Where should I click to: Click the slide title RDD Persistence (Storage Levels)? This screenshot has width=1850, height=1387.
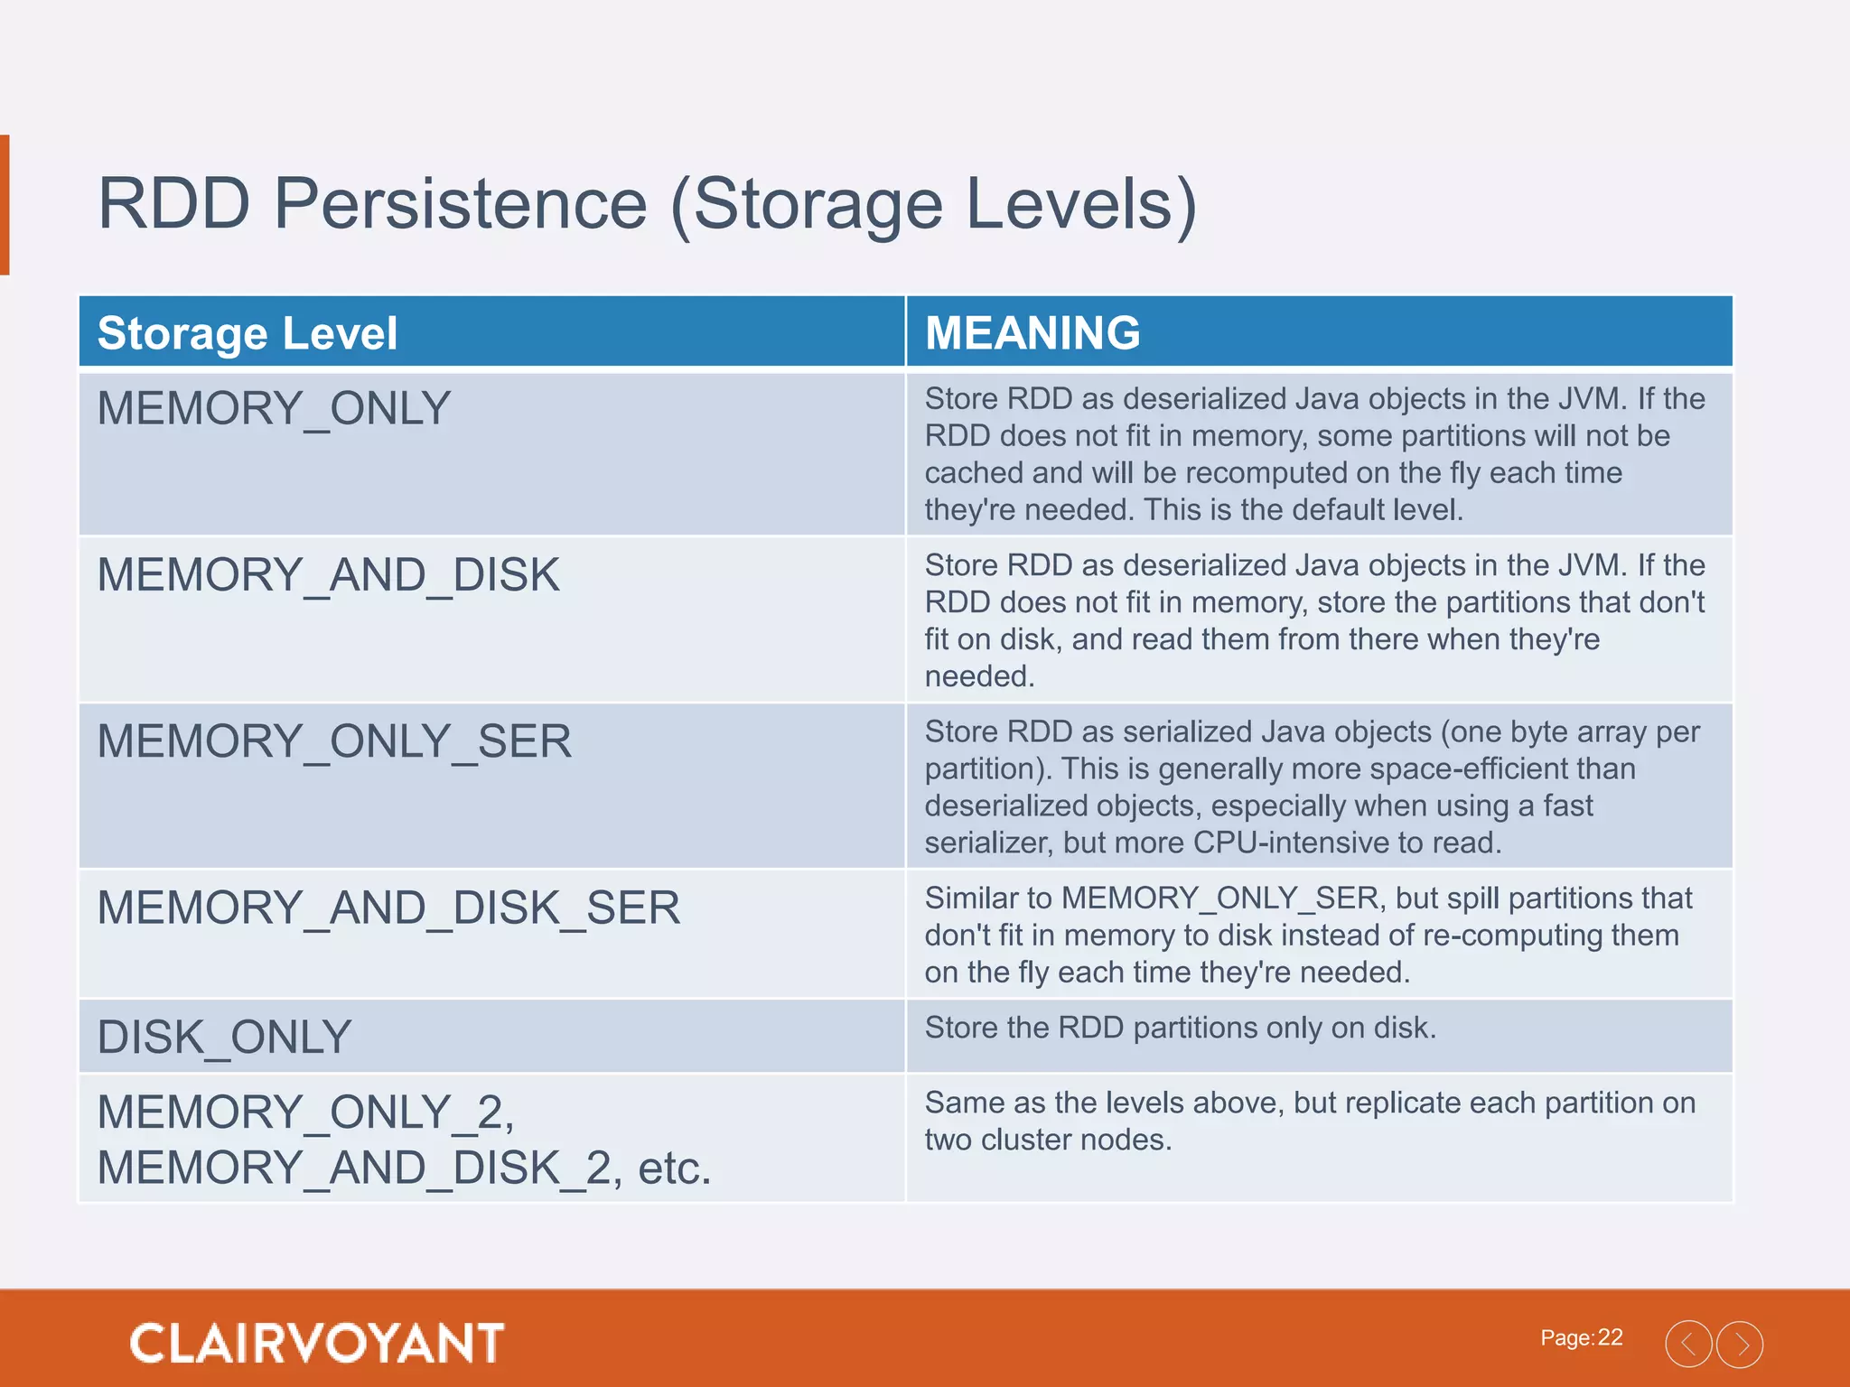647,204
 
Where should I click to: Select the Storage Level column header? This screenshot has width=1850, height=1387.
247,333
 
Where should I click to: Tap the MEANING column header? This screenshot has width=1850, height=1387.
1032,333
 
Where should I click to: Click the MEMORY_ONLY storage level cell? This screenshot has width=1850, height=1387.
274,408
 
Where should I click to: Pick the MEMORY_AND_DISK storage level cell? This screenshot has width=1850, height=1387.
328,575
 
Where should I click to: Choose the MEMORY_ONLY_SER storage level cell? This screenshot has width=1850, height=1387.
334,741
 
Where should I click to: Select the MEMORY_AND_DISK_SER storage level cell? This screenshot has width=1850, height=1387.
388,908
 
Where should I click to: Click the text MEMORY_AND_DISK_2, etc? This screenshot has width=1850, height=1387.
404,1168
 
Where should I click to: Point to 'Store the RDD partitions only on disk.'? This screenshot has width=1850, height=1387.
1180,1028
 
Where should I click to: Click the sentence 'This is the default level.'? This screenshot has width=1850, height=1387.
1303,510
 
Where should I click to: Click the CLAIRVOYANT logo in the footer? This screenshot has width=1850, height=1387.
316,1343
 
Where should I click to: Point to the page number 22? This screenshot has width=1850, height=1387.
1610,1337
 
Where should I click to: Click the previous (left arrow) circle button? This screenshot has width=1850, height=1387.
1688,1344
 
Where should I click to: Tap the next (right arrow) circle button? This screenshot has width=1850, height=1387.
1740,1344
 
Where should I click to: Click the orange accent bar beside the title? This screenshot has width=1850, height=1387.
5,204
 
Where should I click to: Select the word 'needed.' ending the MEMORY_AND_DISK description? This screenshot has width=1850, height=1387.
979,676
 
